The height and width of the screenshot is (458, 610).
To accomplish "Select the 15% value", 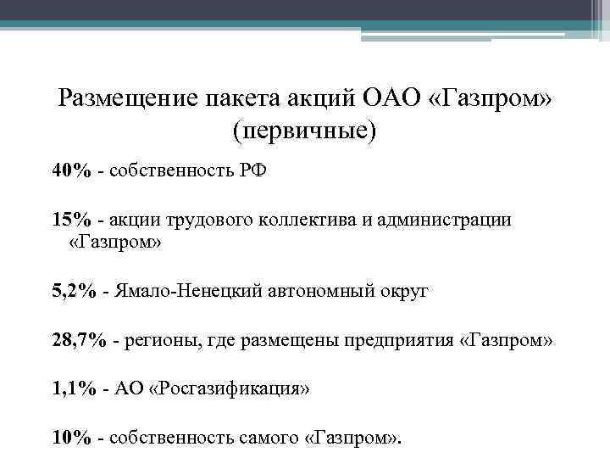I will (70, 220).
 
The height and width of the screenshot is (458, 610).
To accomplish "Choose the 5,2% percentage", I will (74, 292).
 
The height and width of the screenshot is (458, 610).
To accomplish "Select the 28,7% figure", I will (79, 340).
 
